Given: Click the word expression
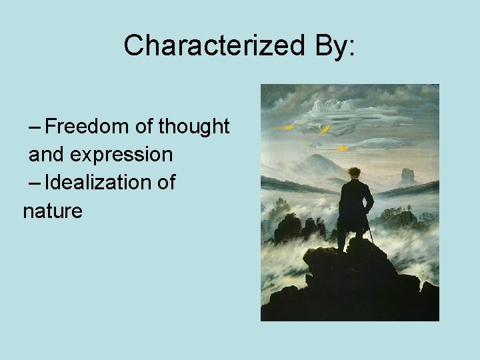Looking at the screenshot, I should (x=121, y=155).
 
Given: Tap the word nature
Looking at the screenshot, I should (x=53, y=211).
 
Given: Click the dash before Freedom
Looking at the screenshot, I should (x=35, y=127).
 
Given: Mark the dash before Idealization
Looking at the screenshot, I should (x=35, y=183).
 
